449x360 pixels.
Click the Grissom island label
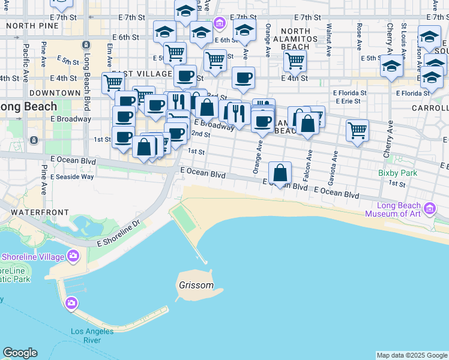pyautogui.click(x=196, y=285)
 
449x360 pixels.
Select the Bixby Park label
pyautogui.click(x=397, y=173)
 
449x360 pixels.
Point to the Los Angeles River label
pyautogui.click(x=92, y=335)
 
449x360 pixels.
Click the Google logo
pyautogui.click(x=20, y=353)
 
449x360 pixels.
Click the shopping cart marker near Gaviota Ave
pyautogui.click(x=357, y=130)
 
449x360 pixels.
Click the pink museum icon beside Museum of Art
pyautogui.click(x=429, y=209)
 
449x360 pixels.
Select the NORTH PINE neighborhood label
pyautogui.click(x=29, y=26)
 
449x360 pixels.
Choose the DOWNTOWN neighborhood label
pyautogui.click(x=55, y=93)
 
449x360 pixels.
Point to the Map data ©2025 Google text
pyautogui.click(x=412, y=355)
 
